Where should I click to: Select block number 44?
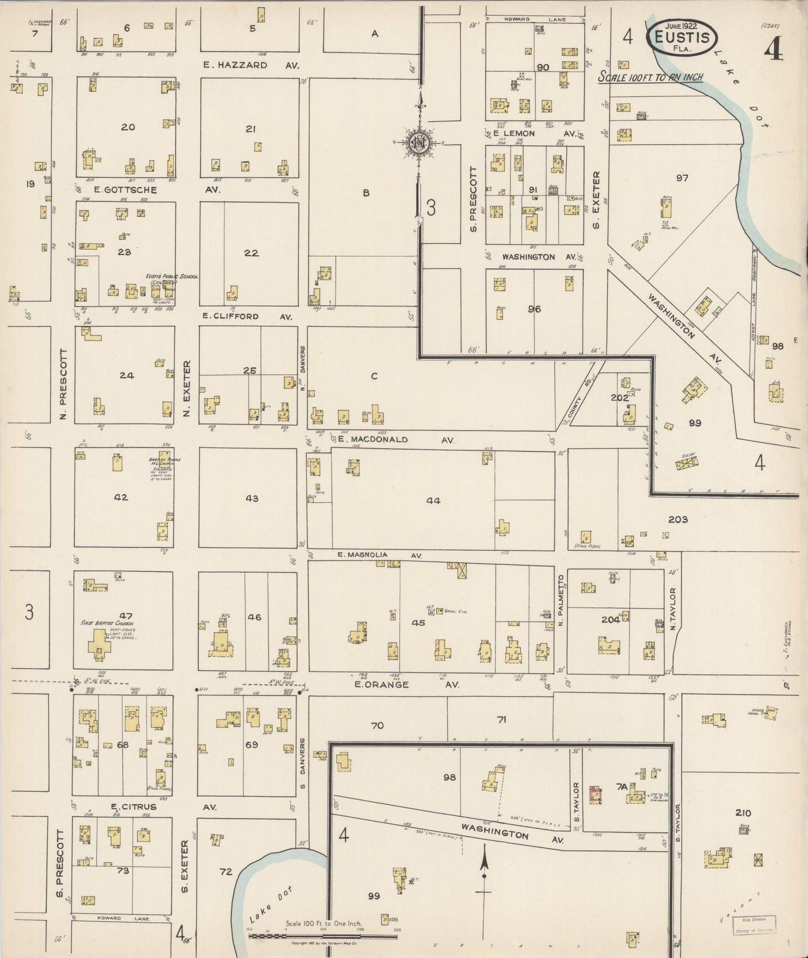click(433, 501)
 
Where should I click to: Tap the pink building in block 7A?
click(595, 794)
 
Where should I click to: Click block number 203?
click(678, 520)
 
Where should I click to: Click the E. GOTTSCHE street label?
click(125, 190)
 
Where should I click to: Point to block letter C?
click(374, 376)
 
